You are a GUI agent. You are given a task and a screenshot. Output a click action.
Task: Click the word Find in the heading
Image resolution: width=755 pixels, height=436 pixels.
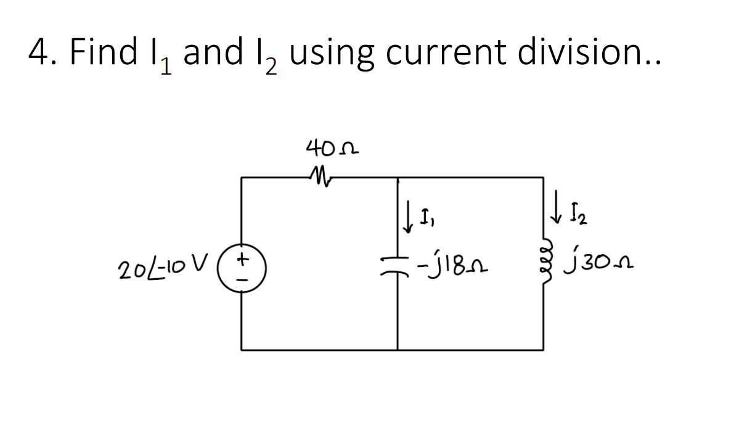click(x=103, y=52)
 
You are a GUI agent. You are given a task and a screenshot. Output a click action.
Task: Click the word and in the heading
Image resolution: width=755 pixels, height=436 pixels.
click(x=213, y=52)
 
